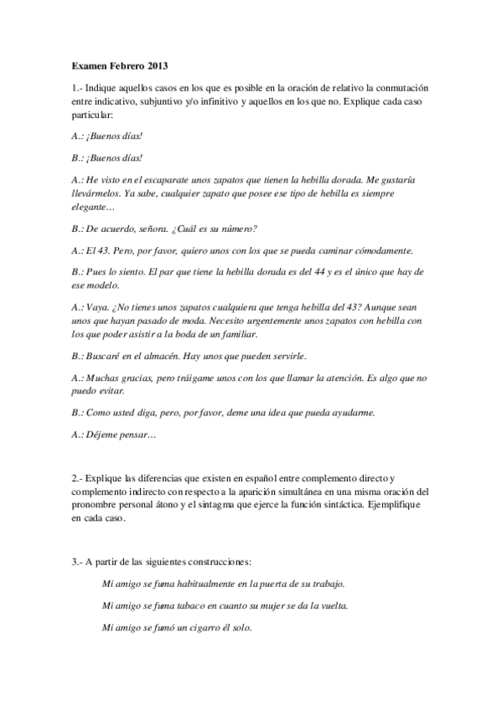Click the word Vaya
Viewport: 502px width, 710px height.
99,308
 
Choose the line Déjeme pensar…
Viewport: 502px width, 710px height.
114,435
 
